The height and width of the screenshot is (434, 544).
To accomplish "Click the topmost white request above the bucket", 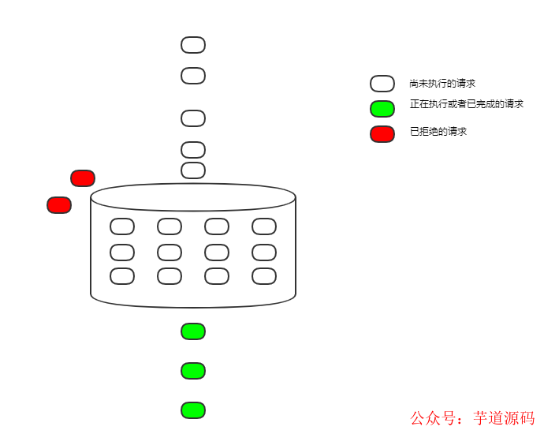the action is point(193,45).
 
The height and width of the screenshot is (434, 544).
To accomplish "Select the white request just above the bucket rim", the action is point(193,170).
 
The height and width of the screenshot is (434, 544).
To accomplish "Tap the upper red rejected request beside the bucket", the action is point(83,178).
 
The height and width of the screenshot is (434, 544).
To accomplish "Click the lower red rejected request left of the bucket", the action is point(59,205).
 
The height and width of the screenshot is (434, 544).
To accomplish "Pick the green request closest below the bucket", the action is point(193,331).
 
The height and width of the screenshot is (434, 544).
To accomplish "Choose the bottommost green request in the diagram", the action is point(193,410).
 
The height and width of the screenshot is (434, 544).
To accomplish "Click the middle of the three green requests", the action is point(193,371).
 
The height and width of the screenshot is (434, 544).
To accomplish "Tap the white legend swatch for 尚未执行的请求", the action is point(382,84).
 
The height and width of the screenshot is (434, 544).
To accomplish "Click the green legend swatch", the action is point(382,109).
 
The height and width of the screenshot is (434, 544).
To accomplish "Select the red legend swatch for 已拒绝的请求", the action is point(382,134).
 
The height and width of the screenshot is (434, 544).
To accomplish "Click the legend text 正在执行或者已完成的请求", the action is point(467,104).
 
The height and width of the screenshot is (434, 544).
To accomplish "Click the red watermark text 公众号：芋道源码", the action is point(472,418).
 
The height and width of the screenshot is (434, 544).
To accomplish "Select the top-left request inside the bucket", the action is point(122,226).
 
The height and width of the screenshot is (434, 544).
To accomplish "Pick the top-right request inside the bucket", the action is point(264,226).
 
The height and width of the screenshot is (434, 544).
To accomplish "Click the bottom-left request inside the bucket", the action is point(122,276).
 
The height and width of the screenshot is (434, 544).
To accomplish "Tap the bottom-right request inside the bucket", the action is point(264,276).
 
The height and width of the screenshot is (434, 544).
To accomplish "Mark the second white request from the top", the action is point(193,76).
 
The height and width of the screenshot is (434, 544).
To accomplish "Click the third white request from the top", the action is point(193,118).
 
